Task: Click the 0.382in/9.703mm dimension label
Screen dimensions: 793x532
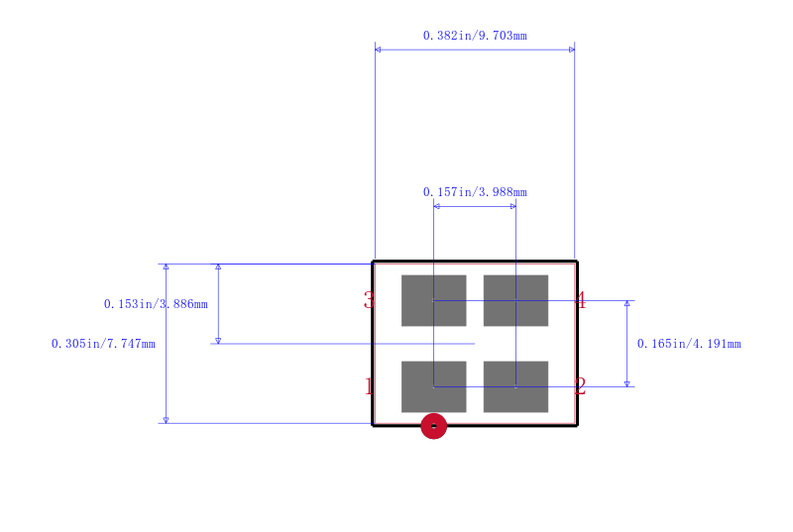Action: coord(475,36)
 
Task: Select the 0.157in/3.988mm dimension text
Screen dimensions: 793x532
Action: coord(475,192)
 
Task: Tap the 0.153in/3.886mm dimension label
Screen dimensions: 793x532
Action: coord(156,303)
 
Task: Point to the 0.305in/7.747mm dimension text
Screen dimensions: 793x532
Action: coord(103,344)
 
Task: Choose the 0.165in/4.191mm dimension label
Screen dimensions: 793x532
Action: coord(689,344)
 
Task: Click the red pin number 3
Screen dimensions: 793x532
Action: coord(369,300)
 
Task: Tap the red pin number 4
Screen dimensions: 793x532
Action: coord(581,300)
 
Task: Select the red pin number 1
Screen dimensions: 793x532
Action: coord(369,386)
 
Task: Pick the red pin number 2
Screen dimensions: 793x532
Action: coord(580,386)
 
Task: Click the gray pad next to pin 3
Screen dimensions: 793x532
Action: coord(434,300)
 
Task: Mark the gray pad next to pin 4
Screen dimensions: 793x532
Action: coord(515,300)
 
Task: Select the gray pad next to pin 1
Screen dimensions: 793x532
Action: coord(434,386)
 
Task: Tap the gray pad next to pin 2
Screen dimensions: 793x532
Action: coord(515,386)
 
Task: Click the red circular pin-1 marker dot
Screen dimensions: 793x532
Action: coord(434,426)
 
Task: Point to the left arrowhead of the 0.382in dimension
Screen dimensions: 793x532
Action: coord(378,50)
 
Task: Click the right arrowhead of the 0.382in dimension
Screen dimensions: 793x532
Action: coord(572,50)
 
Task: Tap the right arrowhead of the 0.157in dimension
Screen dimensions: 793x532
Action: coord(513,206)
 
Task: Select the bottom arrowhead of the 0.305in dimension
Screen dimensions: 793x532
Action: coord(166,420)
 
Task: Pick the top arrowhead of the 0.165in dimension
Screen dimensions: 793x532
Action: coord(627,303)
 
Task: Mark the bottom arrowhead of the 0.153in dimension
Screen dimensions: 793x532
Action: coord(218,341)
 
